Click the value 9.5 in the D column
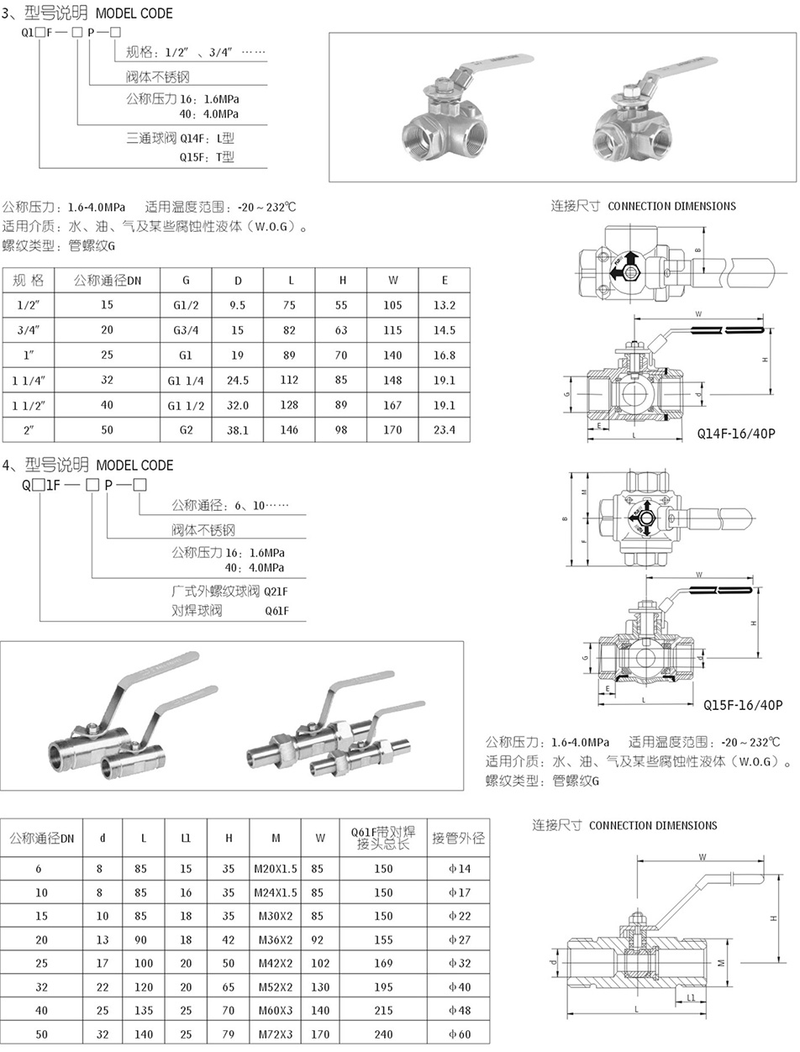[x=237, y=305]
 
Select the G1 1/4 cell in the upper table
[x=186, y=381]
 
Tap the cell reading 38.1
[x=237, y=430]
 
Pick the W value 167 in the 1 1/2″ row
[x=392, y=406]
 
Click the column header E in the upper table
[x=445, y=281]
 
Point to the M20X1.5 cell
[x=276, y=869]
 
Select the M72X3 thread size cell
[x=276, y=1034]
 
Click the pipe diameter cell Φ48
[x=459, y=1010]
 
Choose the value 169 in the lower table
[x=383, y=963]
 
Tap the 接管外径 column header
[x=458, y=839]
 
